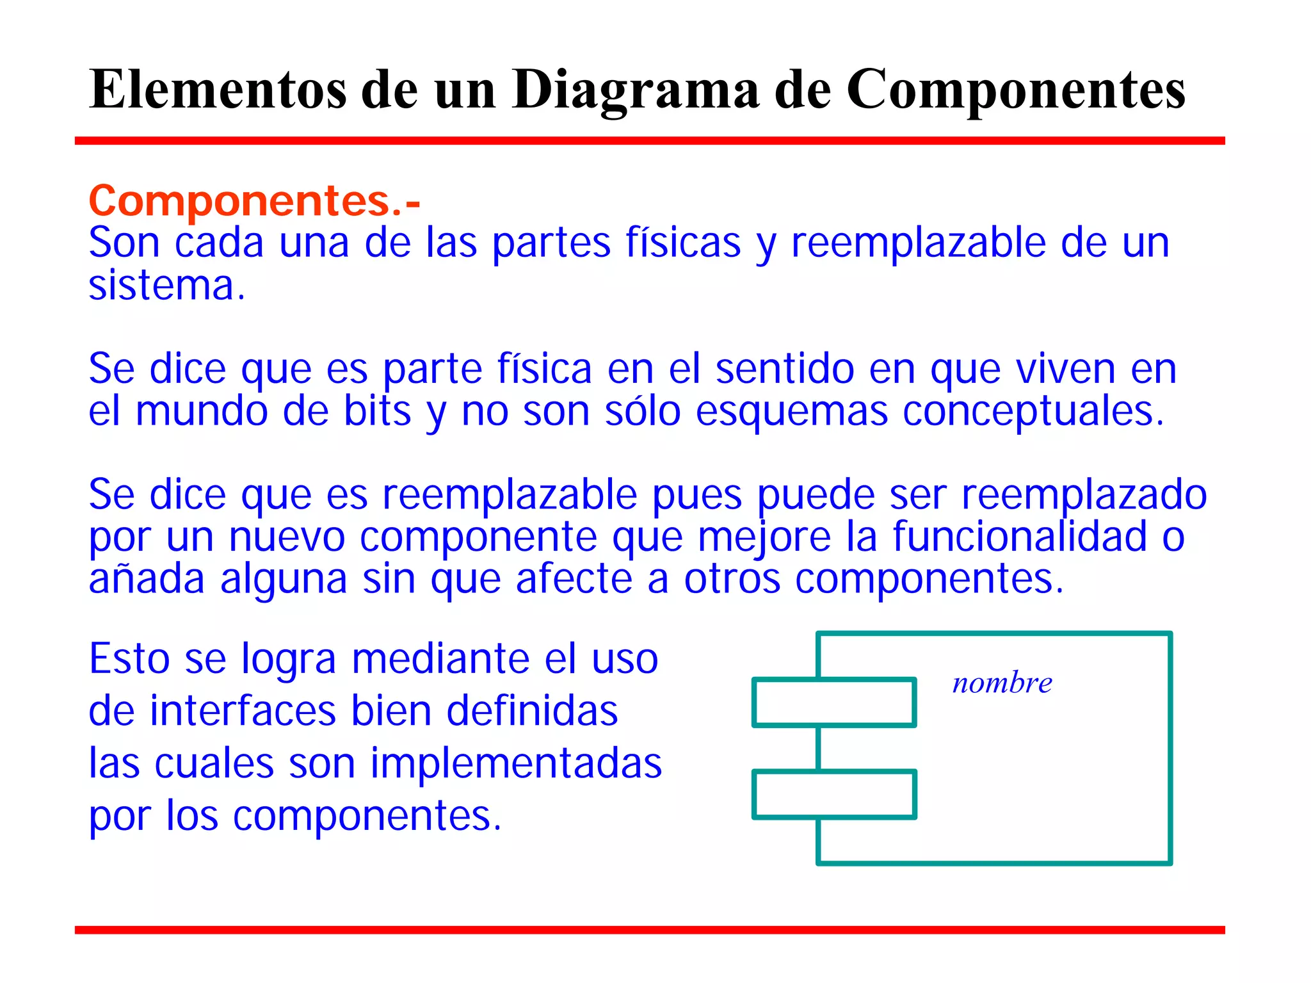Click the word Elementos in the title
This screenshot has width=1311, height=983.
click(x=218, y=90)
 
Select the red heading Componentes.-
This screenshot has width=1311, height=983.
click(x=254, y=201)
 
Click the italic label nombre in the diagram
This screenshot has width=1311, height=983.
click(x=1002, y=683)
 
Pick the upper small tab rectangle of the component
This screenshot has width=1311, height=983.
click(x=834, y=703)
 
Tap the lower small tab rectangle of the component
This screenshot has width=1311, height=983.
click(x=834, y=795)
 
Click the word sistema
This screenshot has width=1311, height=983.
click(x=166, y=286)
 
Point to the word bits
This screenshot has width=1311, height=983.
click(x=377, y=411)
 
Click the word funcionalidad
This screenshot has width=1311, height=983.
click(x=1019, y=537)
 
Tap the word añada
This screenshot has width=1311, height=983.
click(x=147, y=579)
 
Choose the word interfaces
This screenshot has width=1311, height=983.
click(x=243, y=711)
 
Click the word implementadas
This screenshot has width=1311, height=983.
click(x=516, y=763)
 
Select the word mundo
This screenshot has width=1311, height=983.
click(x=202, y=411)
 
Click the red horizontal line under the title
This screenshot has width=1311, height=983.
click(x=649, y=141)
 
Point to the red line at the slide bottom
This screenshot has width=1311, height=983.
click(x=649, y=930)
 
